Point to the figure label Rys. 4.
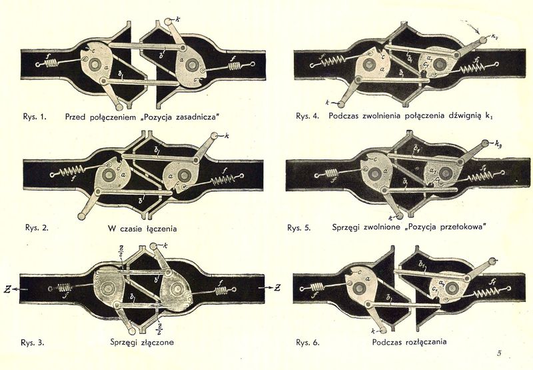pyautogui.click(x=306, y=117)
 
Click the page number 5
pyautogui.click(x=498, y=353)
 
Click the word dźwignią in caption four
pyautogui.click(x=465, y=117)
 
